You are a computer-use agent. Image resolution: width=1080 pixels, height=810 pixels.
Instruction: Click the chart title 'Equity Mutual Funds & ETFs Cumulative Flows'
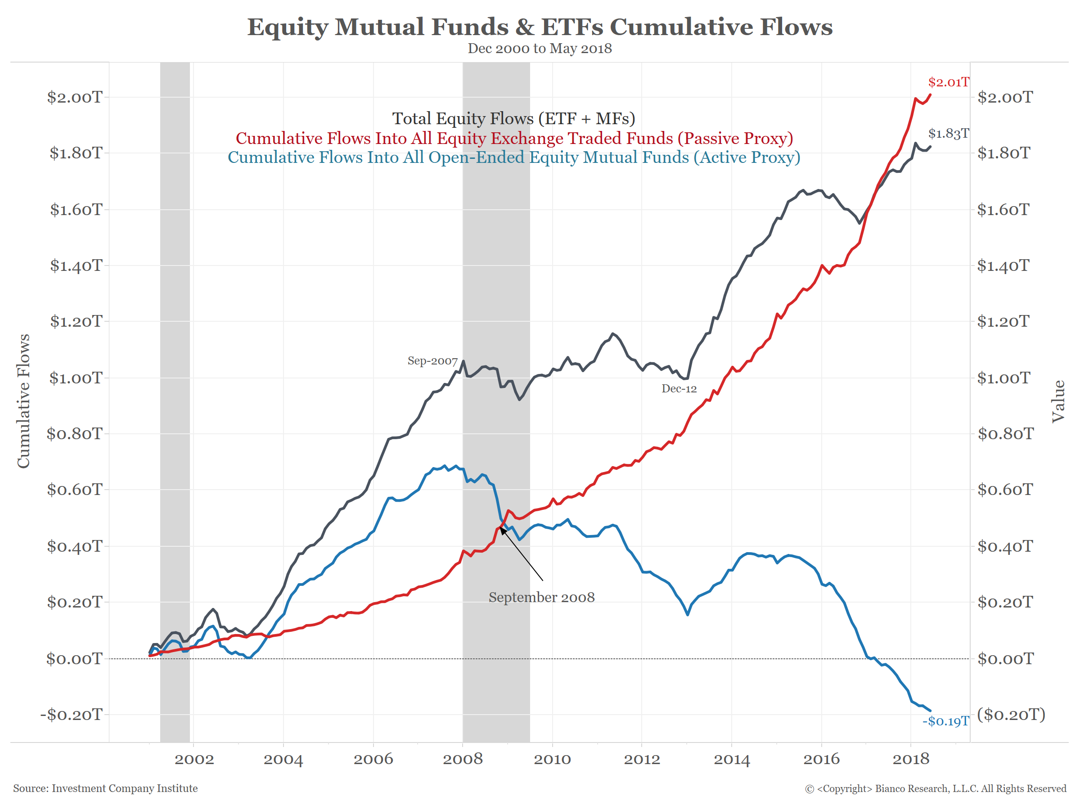[540, 27]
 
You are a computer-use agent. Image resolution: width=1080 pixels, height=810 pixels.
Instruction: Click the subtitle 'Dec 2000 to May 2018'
[540, 49]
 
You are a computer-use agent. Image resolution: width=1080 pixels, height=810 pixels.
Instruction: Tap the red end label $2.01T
[948, 82]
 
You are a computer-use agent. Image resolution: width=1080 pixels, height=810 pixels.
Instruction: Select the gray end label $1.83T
[948, 133]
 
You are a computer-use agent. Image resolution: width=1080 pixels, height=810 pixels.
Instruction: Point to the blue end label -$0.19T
[945, 721]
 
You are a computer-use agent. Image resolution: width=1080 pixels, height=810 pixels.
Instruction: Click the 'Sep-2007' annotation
[432, 361]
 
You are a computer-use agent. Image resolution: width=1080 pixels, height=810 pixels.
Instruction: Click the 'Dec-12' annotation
[679, 389]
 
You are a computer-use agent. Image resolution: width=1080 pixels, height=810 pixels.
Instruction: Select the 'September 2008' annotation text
[541, 597]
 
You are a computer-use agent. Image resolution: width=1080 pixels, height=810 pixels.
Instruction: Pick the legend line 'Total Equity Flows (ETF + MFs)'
[513, 119]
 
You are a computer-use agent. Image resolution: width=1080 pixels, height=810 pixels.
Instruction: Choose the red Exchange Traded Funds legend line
[514, 138]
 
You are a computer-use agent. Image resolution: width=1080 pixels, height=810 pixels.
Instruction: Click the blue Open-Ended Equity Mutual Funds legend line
[513, 157]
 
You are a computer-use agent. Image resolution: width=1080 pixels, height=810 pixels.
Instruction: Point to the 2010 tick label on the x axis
[552, 759]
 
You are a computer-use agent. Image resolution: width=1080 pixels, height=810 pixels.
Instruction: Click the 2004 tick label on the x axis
[283, 759]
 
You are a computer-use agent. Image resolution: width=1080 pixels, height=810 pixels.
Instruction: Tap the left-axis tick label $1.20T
[76, 321]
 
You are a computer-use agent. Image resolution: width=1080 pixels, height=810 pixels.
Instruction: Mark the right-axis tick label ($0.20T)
[1011, 714]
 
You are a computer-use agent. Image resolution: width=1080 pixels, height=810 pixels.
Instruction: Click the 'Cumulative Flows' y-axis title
[23, 401]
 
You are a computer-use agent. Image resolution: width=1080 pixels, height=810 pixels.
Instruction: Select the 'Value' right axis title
[1057, 401]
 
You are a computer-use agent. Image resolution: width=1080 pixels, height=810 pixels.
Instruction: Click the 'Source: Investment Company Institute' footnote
[105, 788]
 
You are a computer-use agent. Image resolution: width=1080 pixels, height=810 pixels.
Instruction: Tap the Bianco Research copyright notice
[935, 788]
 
